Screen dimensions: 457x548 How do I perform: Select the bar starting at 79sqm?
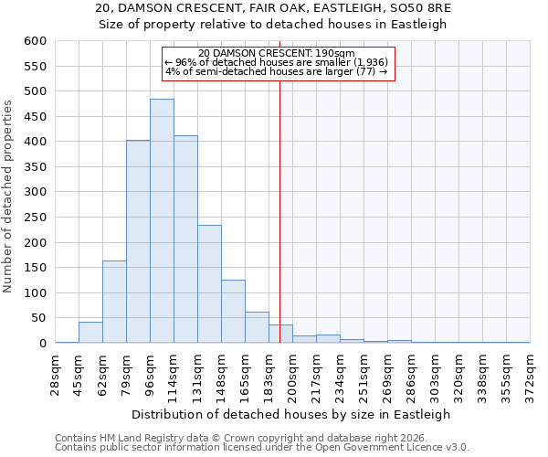tap(138, 241)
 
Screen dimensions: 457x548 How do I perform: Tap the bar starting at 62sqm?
tap(114, 302)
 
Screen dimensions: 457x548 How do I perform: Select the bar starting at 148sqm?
tap(233, 311)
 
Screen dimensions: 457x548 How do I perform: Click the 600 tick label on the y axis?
tap(35, 41)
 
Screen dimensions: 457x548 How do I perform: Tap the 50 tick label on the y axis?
tap(38, 318)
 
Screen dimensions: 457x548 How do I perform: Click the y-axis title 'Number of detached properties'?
tap(8, 197)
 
